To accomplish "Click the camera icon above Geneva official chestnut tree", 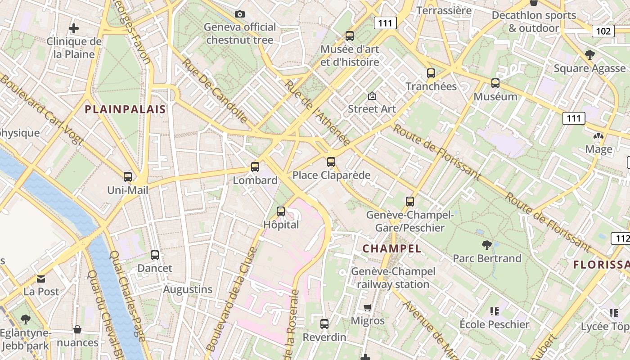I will point(240,14).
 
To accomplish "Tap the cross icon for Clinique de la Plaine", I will point(74,28).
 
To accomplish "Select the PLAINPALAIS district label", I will point(126,109).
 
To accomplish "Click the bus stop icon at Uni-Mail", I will point(128,177).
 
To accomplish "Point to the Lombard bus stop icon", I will point(255,167).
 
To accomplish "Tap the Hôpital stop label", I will point(281,225).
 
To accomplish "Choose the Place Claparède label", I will point(332,175).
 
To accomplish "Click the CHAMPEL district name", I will point(392,248).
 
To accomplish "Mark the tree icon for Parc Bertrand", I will point(486,245).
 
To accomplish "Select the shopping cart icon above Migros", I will point(368,308).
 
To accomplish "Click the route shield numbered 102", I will point(603,31).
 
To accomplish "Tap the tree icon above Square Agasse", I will point(589,55).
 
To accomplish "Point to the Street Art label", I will point(372,109).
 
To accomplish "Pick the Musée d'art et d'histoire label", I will point(350,55).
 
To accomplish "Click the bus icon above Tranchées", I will point(431,73).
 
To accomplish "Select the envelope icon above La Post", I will point(41,279).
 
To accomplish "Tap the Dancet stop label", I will point(155,268).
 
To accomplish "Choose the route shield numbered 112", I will point(620,238).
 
